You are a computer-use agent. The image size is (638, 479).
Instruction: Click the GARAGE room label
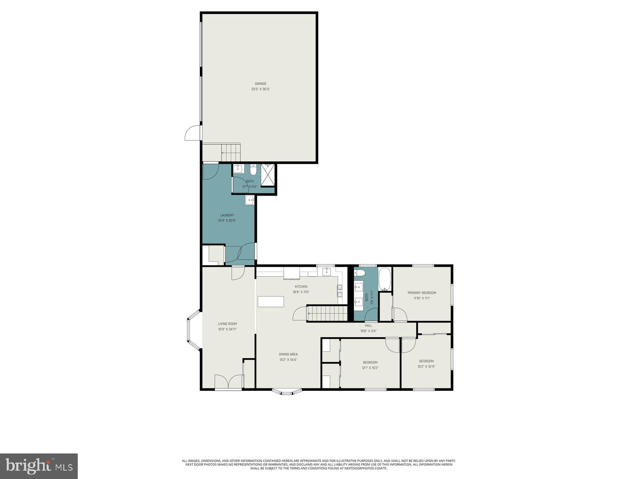(x=260, y=84)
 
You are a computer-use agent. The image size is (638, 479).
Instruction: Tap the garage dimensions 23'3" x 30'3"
(x=260, y=89)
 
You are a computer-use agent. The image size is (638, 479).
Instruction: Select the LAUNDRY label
(x=227, y=215)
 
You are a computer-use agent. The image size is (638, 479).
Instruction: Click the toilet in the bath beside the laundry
(x=253, y=171)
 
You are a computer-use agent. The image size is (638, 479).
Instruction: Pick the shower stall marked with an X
(x=268, y=174)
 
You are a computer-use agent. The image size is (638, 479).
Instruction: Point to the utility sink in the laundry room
(x=250, y=200)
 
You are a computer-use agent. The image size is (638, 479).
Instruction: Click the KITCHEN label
(x=301, y=287)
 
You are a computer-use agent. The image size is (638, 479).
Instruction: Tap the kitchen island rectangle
(x=271, y=301)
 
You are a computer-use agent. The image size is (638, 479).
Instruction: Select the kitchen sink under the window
(x=327, y=272)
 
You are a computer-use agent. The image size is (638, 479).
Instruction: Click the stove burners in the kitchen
(x=340, y=291)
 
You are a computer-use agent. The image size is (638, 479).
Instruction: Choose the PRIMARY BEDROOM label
(x=421, y=293)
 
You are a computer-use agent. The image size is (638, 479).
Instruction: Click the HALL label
(x=368, y=325)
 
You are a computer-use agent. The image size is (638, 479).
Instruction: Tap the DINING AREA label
(x=288, y=354)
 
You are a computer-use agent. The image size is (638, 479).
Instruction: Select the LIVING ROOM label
(x=227, y=324)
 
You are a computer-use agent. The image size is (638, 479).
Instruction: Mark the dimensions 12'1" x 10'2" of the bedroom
(x=370, y=368)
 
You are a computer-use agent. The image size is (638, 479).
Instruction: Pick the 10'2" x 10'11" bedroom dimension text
(x=426, y=366)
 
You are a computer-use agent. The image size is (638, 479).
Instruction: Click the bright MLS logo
(x=39, y=466)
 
